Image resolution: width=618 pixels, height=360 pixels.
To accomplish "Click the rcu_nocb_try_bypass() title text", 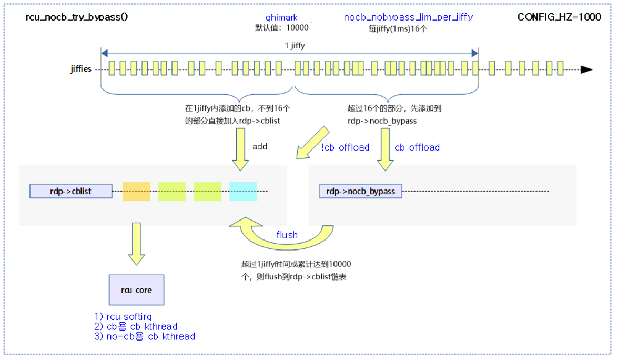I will coord(77,17).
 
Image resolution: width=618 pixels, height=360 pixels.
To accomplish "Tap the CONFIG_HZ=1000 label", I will coord(559,17).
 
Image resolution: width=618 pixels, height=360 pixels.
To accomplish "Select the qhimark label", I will coord(281,17).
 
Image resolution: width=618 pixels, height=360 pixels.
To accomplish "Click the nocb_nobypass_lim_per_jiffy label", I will coord(408,17).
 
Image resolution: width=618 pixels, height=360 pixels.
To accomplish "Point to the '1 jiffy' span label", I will coord(295,46).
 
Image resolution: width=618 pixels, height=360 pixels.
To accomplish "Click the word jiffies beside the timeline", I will coord(80,69).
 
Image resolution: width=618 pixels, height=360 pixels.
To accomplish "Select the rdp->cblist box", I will coord(71,191).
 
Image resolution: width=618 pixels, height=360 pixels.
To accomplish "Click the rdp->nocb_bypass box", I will coord(360,191).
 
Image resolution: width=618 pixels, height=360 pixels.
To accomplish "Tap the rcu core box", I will coord(136,290).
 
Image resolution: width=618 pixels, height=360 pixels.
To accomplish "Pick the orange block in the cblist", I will coord(136,191).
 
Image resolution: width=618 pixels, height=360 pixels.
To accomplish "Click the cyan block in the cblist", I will coord(243,191).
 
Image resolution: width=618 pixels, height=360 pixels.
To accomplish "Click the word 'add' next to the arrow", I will coord(260,146).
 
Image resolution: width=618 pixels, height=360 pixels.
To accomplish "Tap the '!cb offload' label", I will coord(346,147).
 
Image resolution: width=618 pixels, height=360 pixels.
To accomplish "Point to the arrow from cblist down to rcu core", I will coord(136,243).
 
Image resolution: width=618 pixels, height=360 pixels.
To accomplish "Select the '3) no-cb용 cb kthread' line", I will coord(145,336).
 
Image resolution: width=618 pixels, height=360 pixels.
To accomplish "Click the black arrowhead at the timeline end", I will coord(586,69).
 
